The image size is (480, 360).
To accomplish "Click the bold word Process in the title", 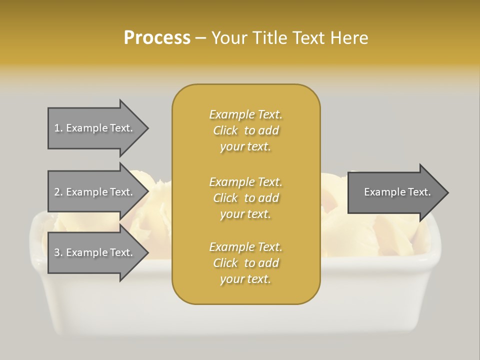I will coord(157,38).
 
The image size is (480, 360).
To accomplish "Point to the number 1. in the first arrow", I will coord(58,128).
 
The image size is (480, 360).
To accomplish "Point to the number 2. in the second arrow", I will coord(58,192).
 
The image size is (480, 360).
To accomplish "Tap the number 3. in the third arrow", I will coord(58,252).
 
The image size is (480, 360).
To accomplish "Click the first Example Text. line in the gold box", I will coord(245,114).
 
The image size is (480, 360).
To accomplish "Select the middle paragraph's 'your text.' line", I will coord(245,214).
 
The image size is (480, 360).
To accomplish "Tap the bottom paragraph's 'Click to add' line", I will coord(245,263).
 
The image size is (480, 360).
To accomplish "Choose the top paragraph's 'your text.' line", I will coord(245,147).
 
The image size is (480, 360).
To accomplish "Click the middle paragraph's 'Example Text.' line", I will coord(245,181).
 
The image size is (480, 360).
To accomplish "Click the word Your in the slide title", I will coord(228,38).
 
